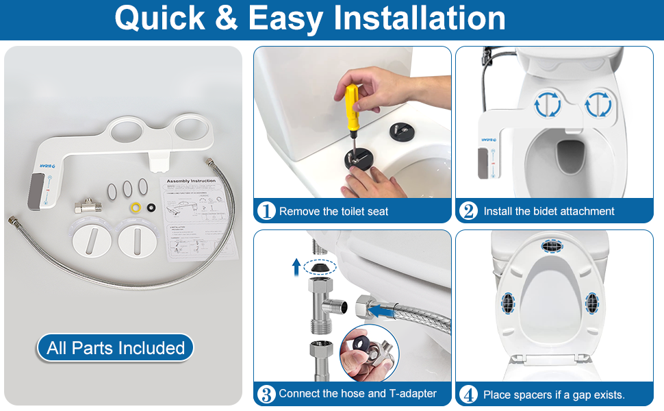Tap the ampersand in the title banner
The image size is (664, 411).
point(226,18)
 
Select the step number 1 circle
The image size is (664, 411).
point(266,212)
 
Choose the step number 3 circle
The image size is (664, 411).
point(266,395)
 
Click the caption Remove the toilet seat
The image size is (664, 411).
point(333,212)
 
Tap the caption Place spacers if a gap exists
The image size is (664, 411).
point(554,395)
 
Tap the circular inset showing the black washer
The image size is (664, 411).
point(369,353)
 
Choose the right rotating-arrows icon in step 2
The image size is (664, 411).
point(597,104)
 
